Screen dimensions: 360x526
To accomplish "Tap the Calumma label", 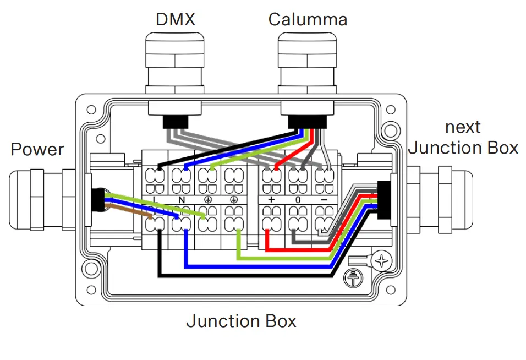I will tap(308, 20).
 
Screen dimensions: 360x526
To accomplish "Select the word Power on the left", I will tap(37, 149).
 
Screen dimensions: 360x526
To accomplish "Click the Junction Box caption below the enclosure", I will tap(241, 321).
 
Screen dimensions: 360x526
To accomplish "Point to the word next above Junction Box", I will tap(463, 127).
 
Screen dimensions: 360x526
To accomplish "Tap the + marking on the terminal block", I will tap(270, 199).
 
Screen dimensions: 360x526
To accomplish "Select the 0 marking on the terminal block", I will tap(298, 199).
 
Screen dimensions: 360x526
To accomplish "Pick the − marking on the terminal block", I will tap(325, 199).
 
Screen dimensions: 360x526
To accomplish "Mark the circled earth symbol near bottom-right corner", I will tap(350, 279).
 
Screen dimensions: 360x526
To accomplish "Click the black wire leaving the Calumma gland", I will tap(231, 145).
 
